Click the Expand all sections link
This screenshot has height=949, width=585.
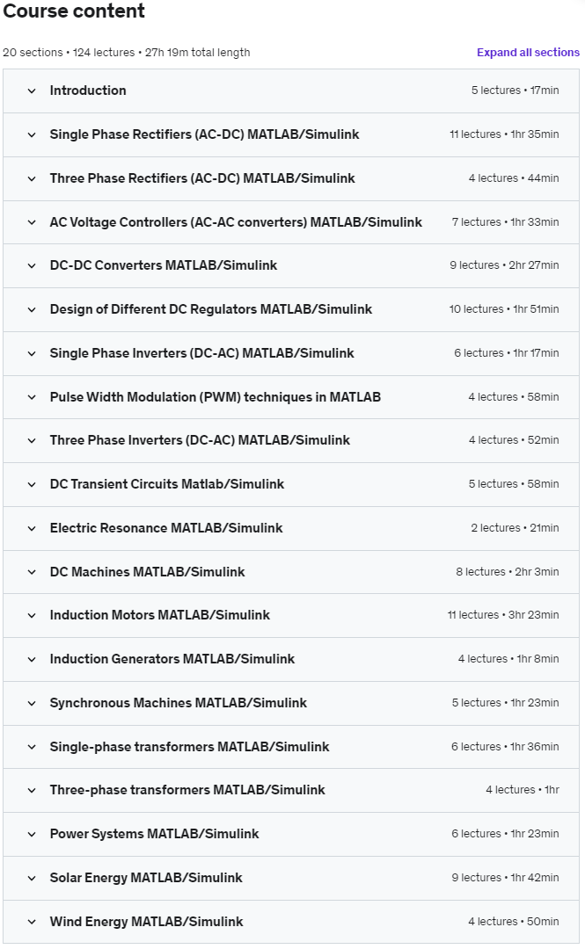click(x=528, y=53)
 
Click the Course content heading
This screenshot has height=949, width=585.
click(x=74, y=11)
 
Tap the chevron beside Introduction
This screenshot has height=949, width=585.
click(x=32, y=91)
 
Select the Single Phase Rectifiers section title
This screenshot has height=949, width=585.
click(x=204, y=134)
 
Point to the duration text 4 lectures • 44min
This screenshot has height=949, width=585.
click(x=513, y=178)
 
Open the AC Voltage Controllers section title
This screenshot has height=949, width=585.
click(x=236, y=222)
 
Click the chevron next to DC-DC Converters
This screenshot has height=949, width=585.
click(x=32, y=265)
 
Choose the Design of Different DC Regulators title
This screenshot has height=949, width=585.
click(x=211, y=309)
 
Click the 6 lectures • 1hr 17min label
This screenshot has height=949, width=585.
click(x=506, y=353)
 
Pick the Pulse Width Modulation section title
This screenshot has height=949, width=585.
click(x=216, y=397)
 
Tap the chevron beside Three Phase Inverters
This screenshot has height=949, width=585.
click(x=32, y=440)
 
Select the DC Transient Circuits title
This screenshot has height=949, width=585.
click(x=167, y=484)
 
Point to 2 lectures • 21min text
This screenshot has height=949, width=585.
click(x=515, y=528)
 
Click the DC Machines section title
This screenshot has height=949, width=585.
click(x=147, y=572)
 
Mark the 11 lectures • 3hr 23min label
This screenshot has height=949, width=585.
click(x=502, y=615)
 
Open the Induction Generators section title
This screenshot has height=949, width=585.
click(x=172, y=659)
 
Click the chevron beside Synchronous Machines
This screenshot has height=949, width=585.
click(x=32, y=703)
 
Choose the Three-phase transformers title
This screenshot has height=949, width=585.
click(x=187, y=790)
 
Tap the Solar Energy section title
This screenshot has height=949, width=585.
click(x=146, y=878)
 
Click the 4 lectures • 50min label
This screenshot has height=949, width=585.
click(x=513, y=922)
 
